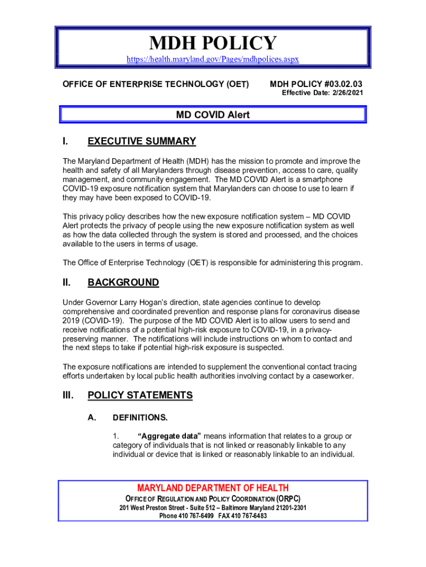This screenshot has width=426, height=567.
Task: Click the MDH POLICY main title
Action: (x=213, y=44)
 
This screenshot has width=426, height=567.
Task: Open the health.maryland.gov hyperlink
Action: (x=213, y=59)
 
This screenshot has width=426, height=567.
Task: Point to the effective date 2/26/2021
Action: (x=349, y=93)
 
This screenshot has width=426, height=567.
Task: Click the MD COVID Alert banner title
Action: (x=213, y=115)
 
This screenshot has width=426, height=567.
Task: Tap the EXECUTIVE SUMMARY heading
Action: (x=142, y=141)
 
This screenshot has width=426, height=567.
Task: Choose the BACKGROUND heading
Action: (x=123, y=282)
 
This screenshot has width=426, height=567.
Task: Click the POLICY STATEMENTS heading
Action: (x=140, y=395)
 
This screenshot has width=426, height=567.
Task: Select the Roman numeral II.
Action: (x=66, y=282)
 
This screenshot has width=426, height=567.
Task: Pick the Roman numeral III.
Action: (x=67, y=395)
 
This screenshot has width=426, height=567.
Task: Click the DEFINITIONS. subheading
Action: (x=140, y=417)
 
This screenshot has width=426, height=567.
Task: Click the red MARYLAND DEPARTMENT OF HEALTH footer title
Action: (x=213, y=488)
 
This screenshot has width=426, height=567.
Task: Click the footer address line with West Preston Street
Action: (x=213, y=508)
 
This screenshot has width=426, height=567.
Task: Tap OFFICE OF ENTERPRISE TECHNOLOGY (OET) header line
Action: (x=155, y=84)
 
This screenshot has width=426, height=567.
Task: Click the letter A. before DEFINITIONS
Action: (x=91, y=417)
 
